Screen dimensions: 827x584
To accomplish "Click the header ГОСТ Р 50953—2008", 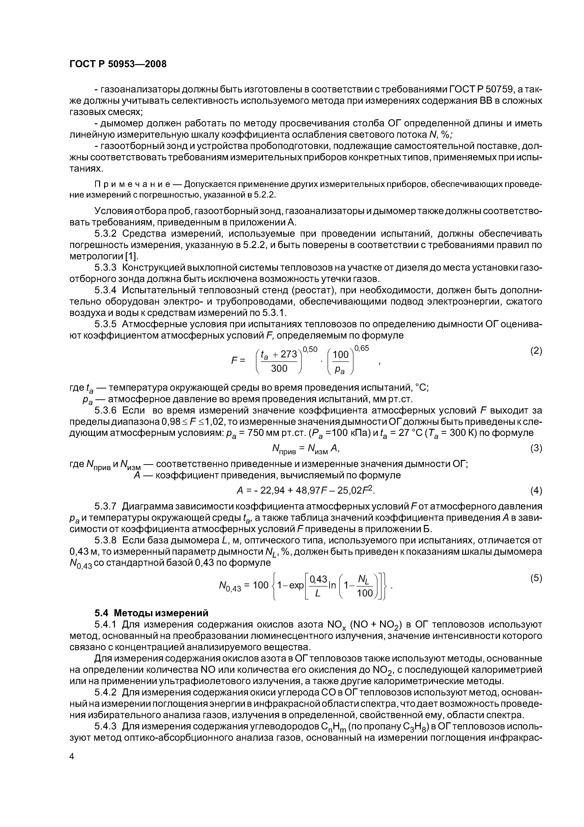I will [x=118, y=64].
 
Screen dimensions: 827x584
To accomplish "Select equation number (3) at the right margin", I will [x=536, y=448].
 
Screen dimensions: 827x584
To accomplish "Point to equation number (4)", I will [x=536, y=491].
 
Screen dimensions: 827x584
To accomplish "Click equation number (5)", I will [x=536, y=578].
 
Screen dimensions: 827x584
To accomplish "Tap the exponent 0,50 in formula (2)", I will [x=310, y=349].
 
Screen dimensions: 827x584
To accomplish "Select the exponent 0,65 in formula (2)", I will [x=362, y=348].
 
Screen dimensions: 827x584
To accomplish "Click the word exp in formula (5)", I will [x=296, y=586].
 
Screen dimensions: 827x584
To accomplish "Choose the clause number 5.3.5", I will [x=106, y=324].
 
